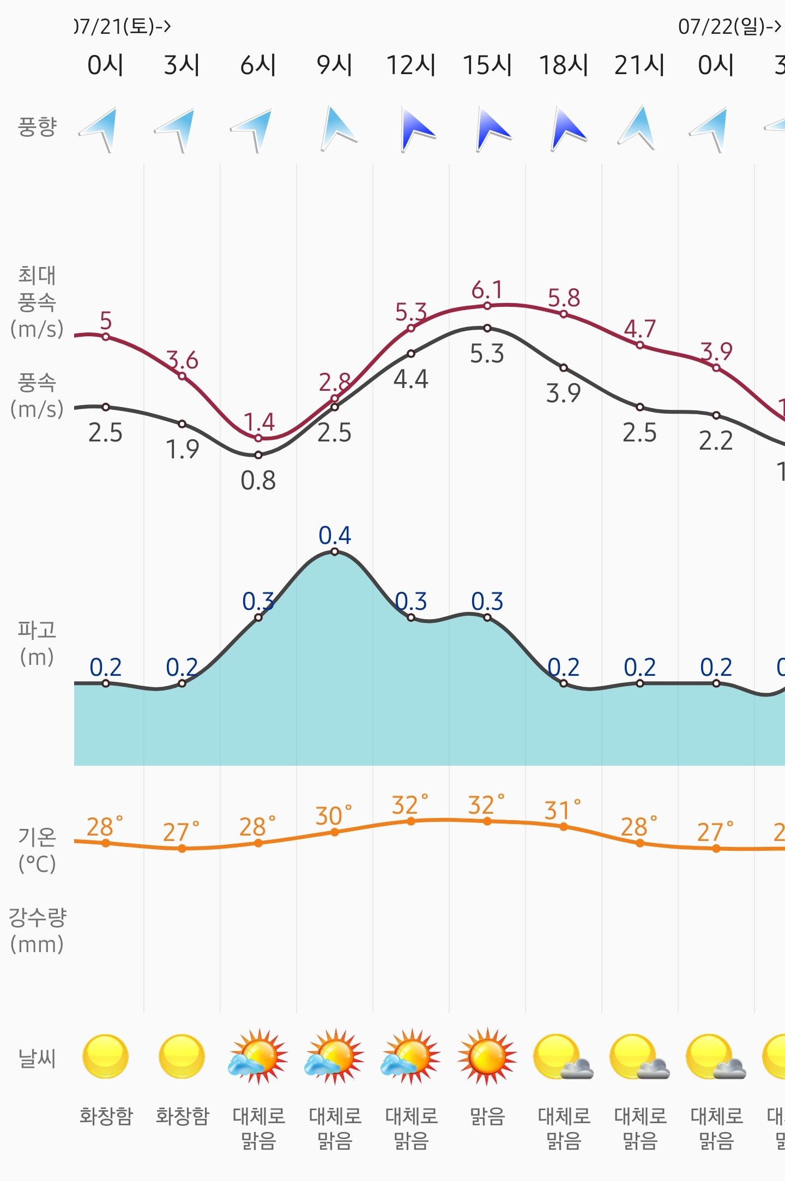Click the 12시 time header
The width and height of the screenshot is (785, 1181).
pyautogui.click(x=411, y=65)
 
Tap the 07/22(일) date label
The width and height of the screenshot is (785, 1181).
pyautogui.click(x=728, y=26)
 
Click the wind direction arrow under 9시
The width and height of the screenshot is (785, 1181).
pyautogui.click(x=336, y=129)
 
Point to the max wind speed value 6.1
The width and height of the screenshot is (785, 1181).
pyautogui.click(x=487, y=290)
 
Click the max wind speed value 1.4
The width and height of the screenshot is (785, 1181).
pyautogui.click(x=259, y=422)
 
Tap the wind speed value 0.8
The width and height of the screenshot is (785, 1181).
pyautogui.click(x=258, y=481)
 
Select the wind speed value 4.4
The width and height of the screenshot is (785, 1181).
pyautogui.click(x=411, y=379)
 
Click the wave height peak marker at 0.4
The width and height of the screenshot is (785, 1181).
pyautogui.click(x=335, y=552)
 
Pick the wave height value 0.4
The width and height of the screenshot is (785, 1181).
pyautogui.click(x=335, y=535)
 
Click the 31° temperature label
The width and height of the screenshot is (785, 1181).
pyautogui.click(x=562, y=810)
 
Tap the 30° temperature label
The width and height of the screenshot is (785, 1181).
pyautogui.click(x=333, y=816)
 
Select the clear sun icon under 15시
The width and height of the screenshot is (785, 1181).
pyautogui.click(x=487, y=1057)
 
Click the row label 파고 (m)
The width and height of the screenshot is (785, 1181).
pyautogui.click(x=37, y=643)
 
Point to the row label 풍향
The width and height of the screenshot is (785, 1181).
pyautogui.click(x=37, y=126)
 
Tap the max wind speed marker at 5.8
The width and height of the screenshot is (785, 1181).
pyautogui.click(x=564, y=314)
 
